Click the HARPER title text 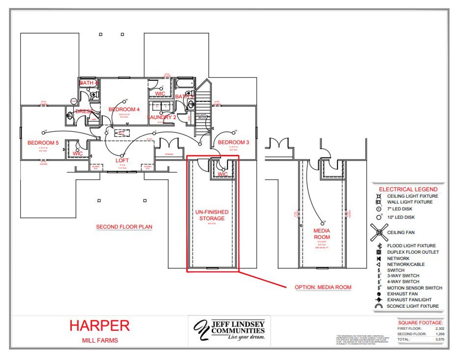99,326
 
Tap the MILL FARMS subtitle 100,340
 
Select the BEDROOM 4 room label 124,109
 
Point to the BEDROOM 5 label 43,143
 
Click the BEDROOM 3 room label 233,142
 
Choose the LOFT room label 122,160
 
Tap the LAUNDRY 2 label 162,117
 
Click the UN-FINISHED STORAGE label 212,215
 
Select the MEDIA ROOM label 322,234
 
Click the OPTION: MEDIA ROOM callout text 323,287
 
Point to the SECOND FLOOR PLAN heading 124,227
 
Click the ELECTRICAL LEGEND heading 408,189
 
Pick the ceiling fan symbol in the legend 379,232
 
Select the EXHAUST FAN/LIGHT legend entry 409,299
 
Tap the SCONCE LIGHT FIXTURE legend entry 412,306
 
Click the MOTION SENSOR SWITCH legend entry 414,288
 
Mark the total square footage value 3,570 440,339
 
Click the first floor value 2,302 440,329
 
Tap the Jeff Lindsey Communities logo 229,330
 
